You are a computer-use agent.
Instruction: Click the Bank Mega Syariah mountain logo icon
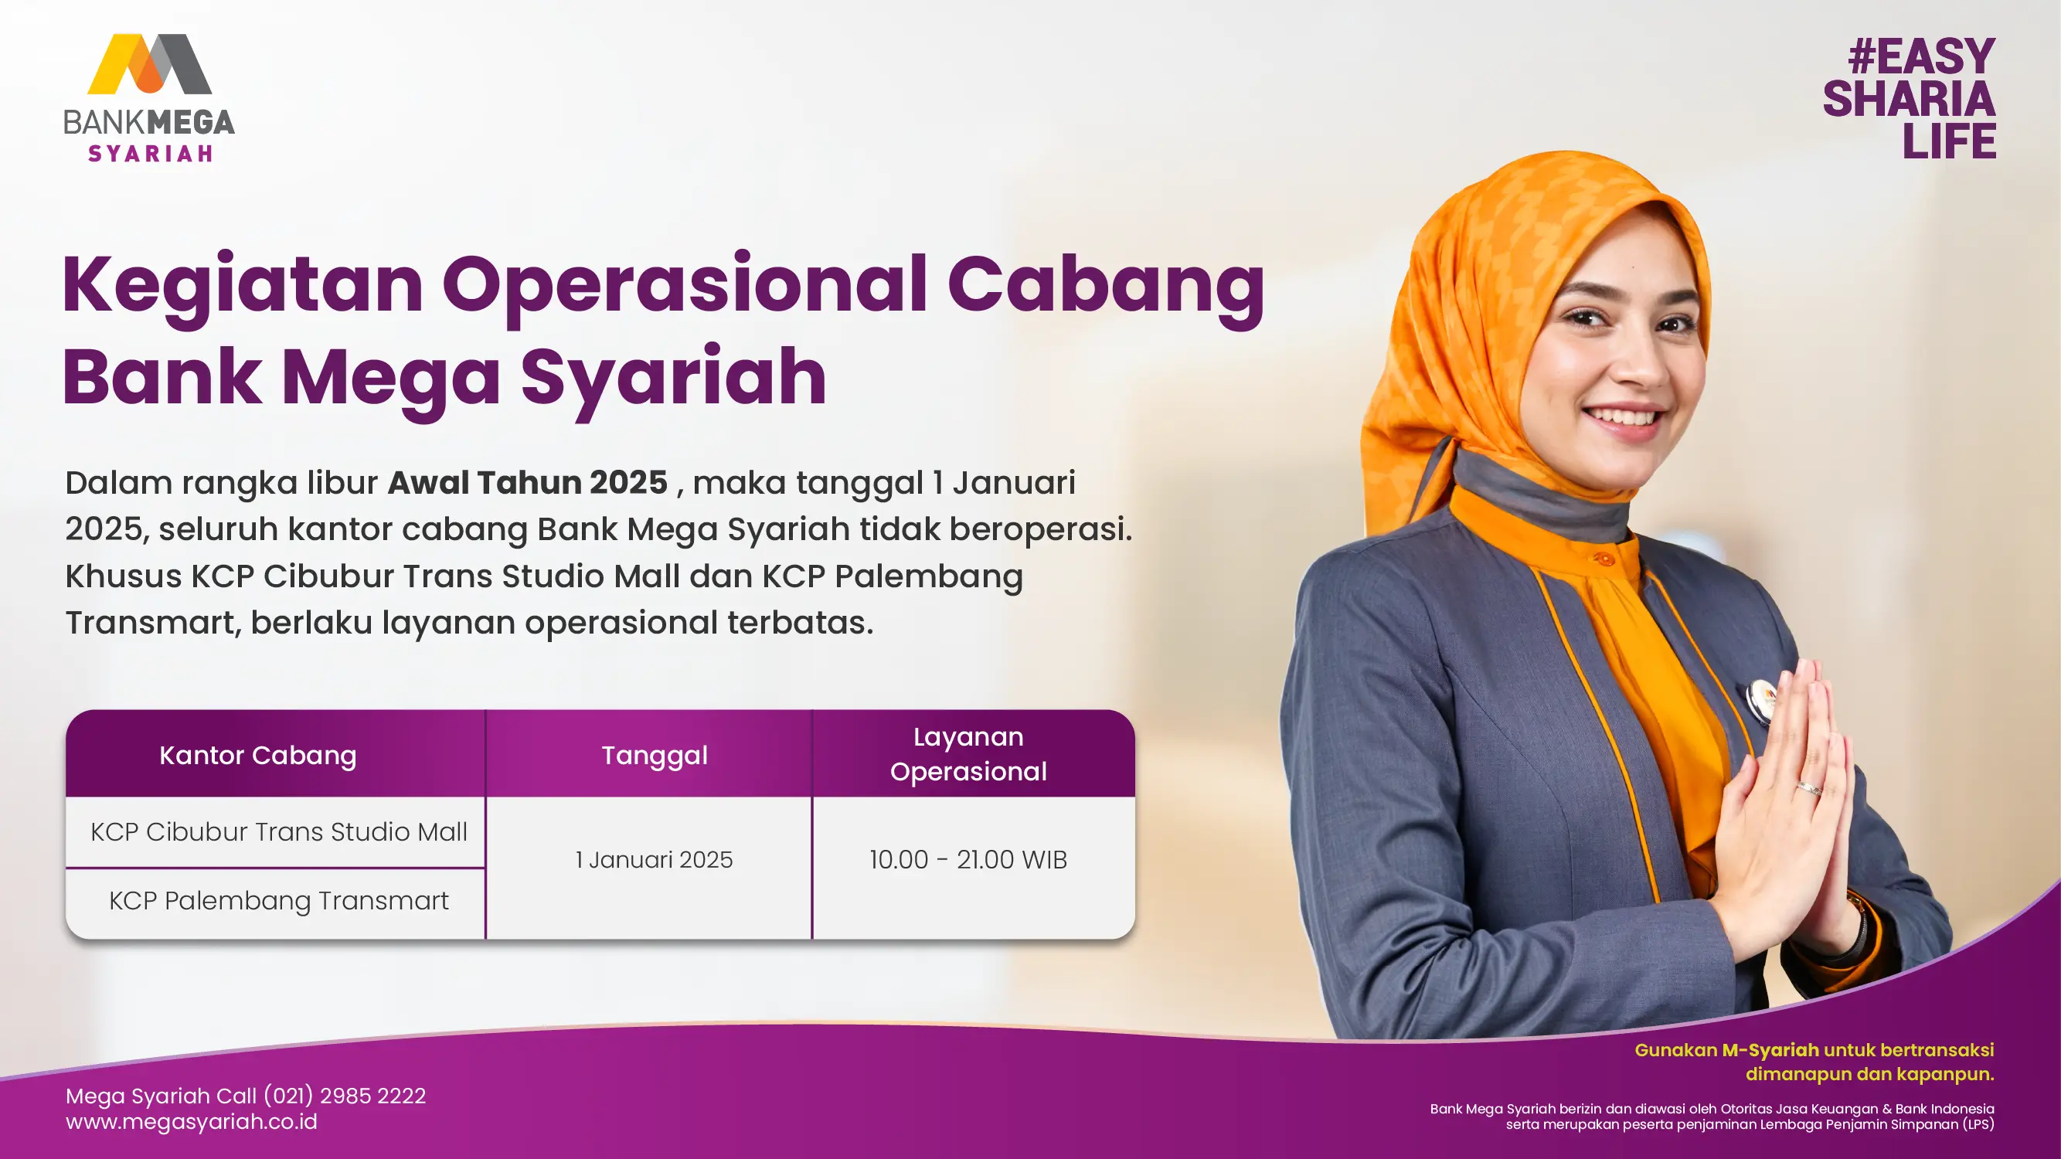click(x=150, y=64)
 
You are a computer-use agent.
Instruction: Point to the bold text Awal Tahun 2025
click(x=527, y=482)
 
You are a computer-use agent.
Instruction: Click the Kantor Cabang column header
click(x=257, y=756)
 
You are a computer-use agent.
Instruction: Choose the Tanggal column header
click(x=655, y=756)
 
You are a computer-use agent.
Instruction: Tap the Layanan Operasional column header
click(x=968, y=754)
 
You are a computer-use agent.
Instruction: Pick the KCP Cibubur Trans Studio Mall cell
click(x=278, y=832)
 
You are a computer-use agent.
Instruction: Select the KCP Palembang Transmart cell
click(x=278, y=902)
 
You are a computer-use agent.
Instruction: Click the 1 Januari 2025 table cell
click(x=654, y=860)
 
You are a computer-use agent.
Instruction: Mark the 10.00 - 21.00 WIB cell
click(x=968, y=860)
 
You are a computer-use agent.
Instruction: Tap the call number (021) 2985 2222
click(x=345, y=1096)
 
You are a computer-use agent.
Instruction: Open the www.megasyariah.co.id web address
click(x=191, y=1122)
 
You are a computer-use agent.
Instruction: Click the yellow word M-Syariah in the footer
click(x=1770, y=1050)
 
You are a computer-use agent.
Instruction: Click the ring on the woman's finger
click(x=1809, y=787)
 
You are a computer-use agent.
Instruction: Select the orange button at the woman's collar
click(x=1604, y=559)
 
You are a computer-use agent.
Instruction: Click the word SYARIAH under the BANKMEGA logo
click(x=151, y=154)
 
